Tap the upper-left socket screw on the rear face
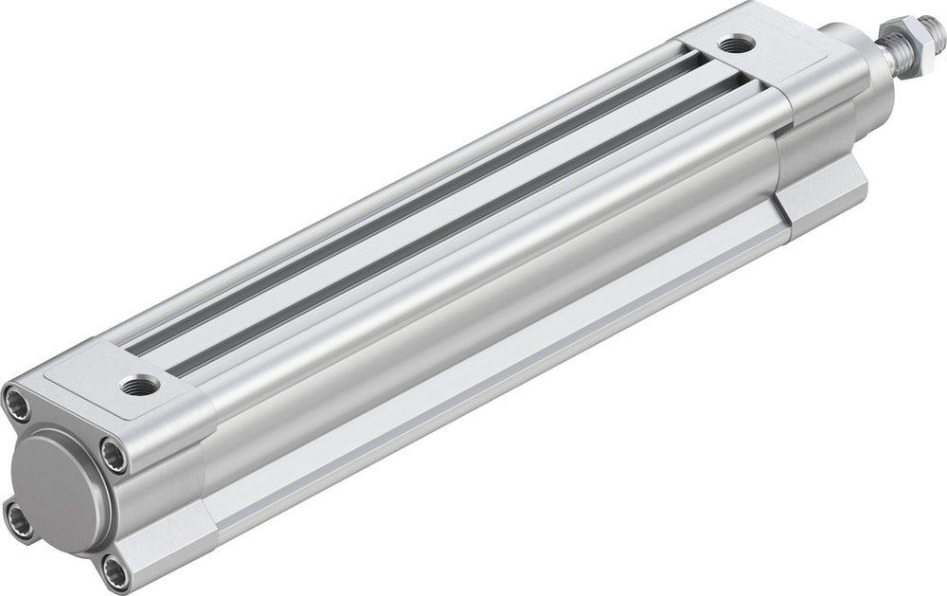tap(16, 402)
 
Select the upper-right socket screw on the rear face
tap(114, 457)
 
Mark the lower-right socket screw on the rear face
tap(116, 571)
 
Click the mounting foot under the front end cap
tap(824, 194)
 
